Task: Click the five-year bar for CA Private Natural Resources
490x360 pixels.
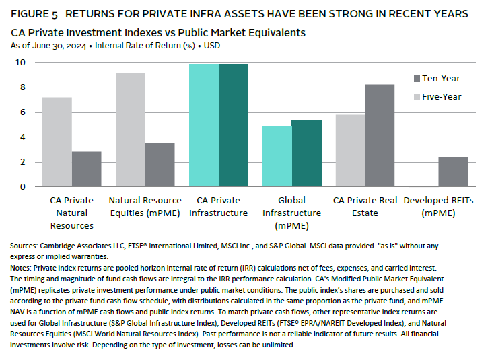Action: click(57, 142)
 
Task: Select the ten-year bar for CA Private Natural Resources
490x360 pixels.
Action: click(86, 169)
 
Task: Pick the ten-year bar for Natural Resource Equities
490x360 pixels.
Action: click(160, 165)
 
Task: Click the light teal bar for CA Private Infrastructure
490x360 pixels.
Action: click(204, 125)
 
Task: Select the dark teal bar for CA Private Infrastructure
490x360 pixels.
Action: click(233, 125)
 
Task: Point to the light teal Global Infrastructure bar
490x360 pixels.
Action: click(277, 156)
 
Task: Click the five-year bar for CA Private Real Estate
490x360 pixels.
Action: click(350, 150)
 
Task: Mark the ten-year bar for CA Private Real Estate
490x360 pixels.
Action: click(380, 135)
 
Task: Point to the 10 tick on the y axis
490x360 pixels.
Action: click(21, 63)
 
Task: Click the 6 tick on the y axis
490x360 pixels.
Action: click(23, 112)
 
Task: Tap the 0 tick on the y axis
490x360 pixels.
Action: click(23, 186)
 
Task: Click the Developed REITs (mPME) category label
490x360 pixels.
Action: click(438, 207)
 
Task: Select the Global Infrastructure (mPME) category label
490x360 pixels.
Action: click(291, 207)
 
